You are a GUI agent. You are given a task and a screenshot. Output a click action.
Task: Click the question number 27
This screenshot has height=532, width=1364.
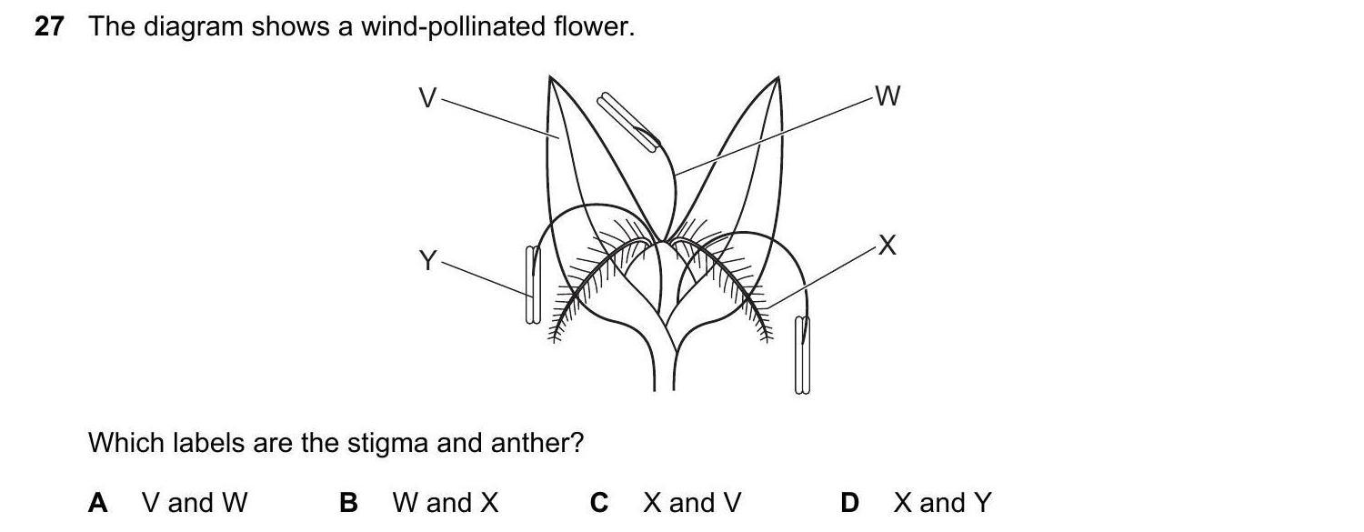(49, 27)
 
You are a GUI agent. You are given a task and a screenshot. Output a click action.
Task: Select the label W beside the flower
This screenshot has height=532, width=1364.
(887, 95)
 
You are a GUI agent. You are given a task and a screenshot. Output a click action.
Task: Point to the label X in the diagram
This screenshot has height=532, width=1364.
(888, 245)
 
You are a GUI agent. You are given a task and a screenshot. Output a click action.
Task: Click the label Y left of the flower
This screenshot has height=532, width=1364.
(427, 262)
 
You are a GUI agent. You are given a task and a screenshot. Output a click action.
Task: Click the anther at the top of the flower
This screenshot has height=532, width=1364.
(627, 122)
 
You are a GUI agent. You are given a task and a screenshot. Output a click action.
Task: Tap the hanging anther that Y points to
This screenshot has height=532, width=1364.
(533, 285)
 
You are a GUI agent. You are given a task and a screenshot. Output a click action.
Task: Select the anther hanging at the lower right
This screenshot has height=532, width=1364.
(802, 355)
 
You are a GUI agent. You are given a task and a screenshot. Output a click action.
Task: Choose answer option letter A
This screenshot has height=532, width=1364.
(97, 502)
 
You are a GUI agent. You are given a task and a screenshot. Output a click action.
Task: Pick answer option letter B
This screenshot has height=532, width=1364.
(347, 502)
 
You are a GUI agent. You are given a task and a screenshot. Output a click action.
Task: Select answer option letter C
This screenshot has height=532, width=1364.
(598, 502)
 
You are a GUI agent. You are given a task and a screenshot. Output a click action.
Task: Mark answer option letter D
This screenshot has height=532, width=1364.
(849, 502)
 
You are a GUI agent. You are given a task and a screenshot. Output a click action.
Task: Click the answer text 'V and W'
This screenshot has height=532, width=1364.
(195, 502)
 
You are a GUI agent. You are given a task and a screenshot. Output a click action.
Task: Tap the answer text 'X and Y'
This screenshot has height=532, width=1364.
(942, 502)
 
